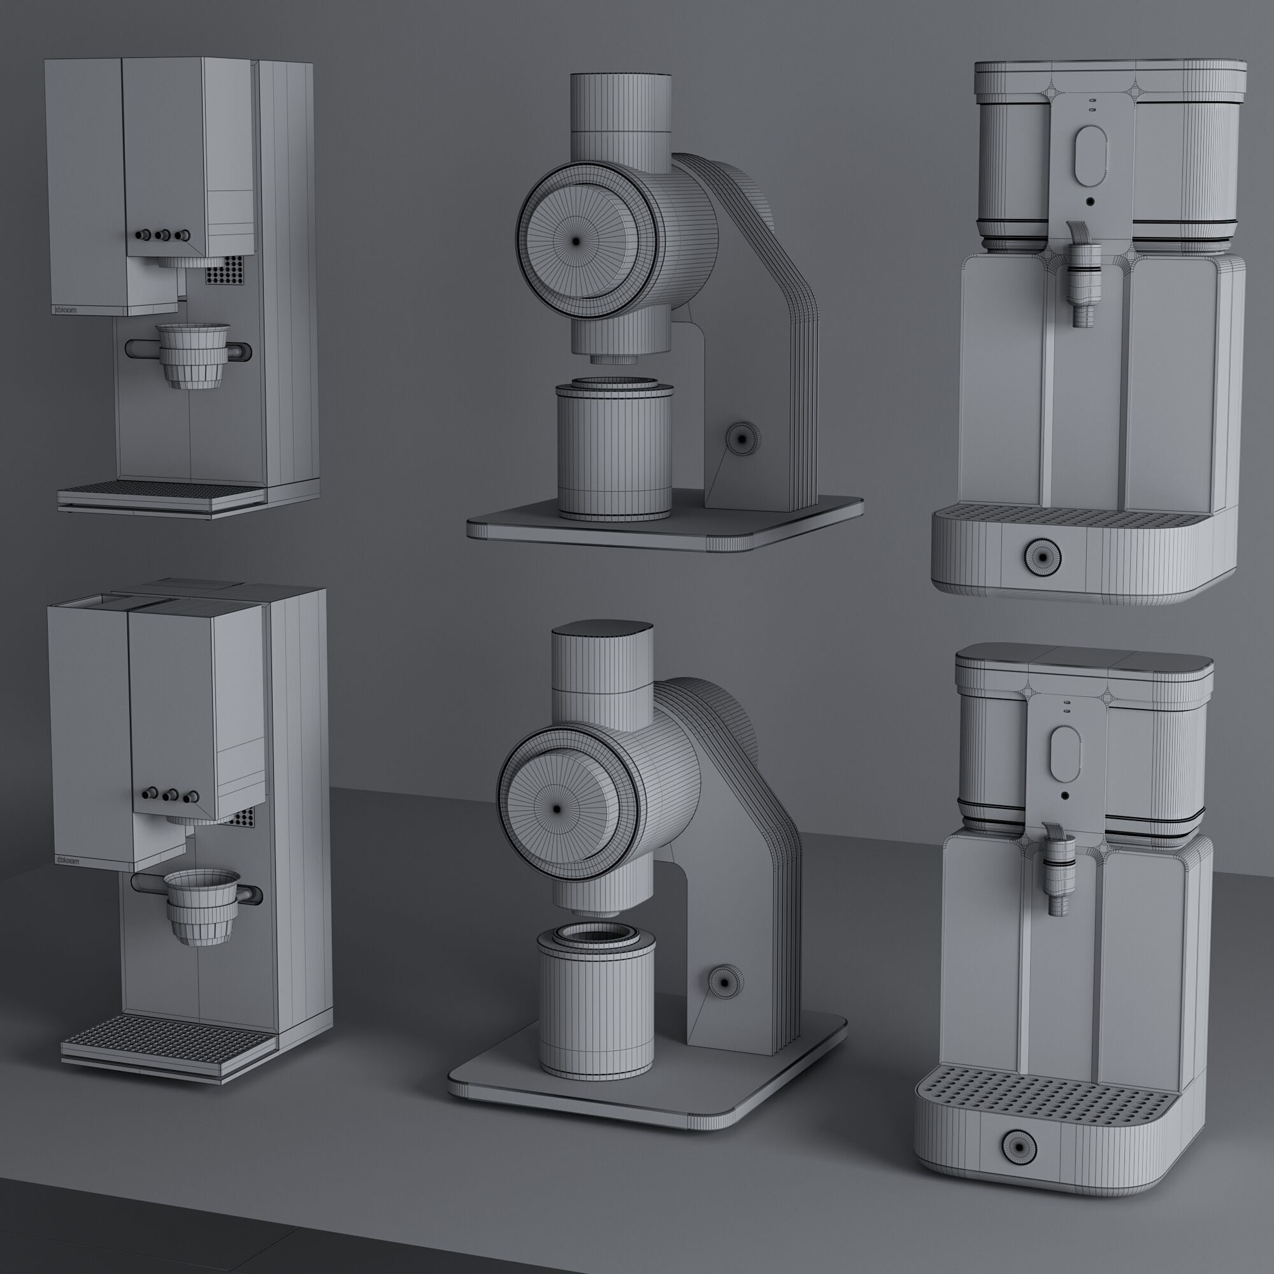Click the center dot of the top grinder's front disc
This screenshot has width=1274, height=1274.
tap(576, 241)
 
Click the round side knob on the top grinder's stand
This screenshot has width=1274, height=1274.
tap(743, 438)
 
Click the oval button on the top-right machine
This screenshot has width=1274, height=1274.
tap(1089, 155)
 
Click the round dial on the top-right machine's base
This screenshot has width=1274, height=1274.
tap(1042, 557)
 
